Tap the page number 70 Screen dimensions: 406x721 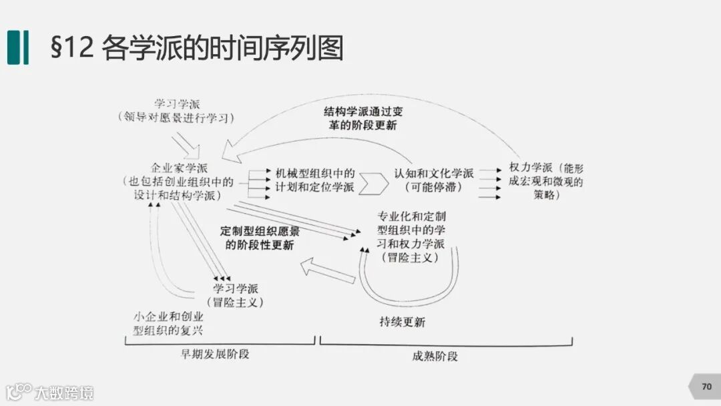(x=706, y=387)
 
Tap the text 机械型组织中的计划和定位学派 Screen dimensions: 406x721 (x=315, y=180)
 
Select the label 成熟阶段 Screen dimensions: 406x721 (x=435, y=356)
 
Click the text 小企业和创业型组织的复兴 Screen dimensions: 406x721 (x=169, y=323)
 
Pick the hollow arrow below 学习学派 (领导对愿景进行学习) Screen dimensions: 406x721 (x=186, y=144)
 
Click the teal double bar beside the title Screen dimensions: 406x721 (x=18, y=48)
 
